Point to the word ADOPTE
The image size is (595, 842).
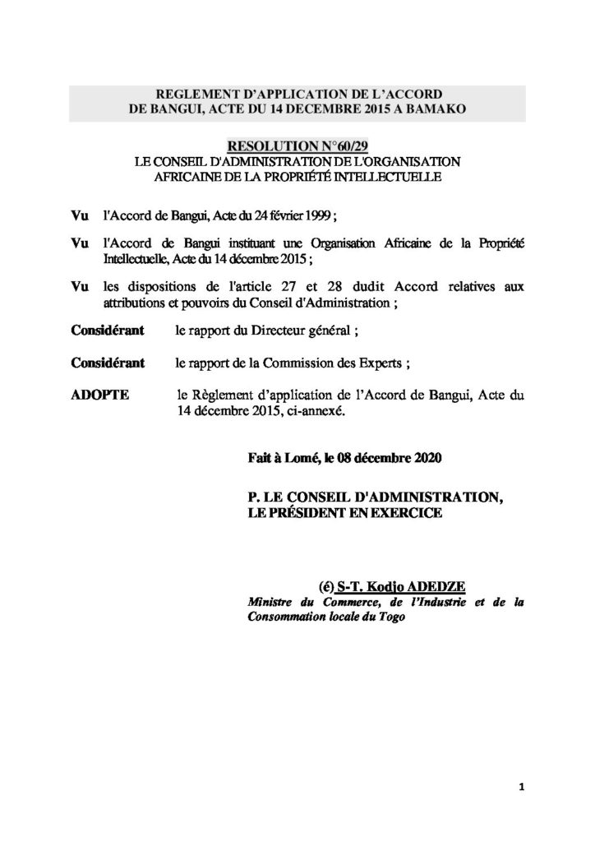[100, 396]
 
